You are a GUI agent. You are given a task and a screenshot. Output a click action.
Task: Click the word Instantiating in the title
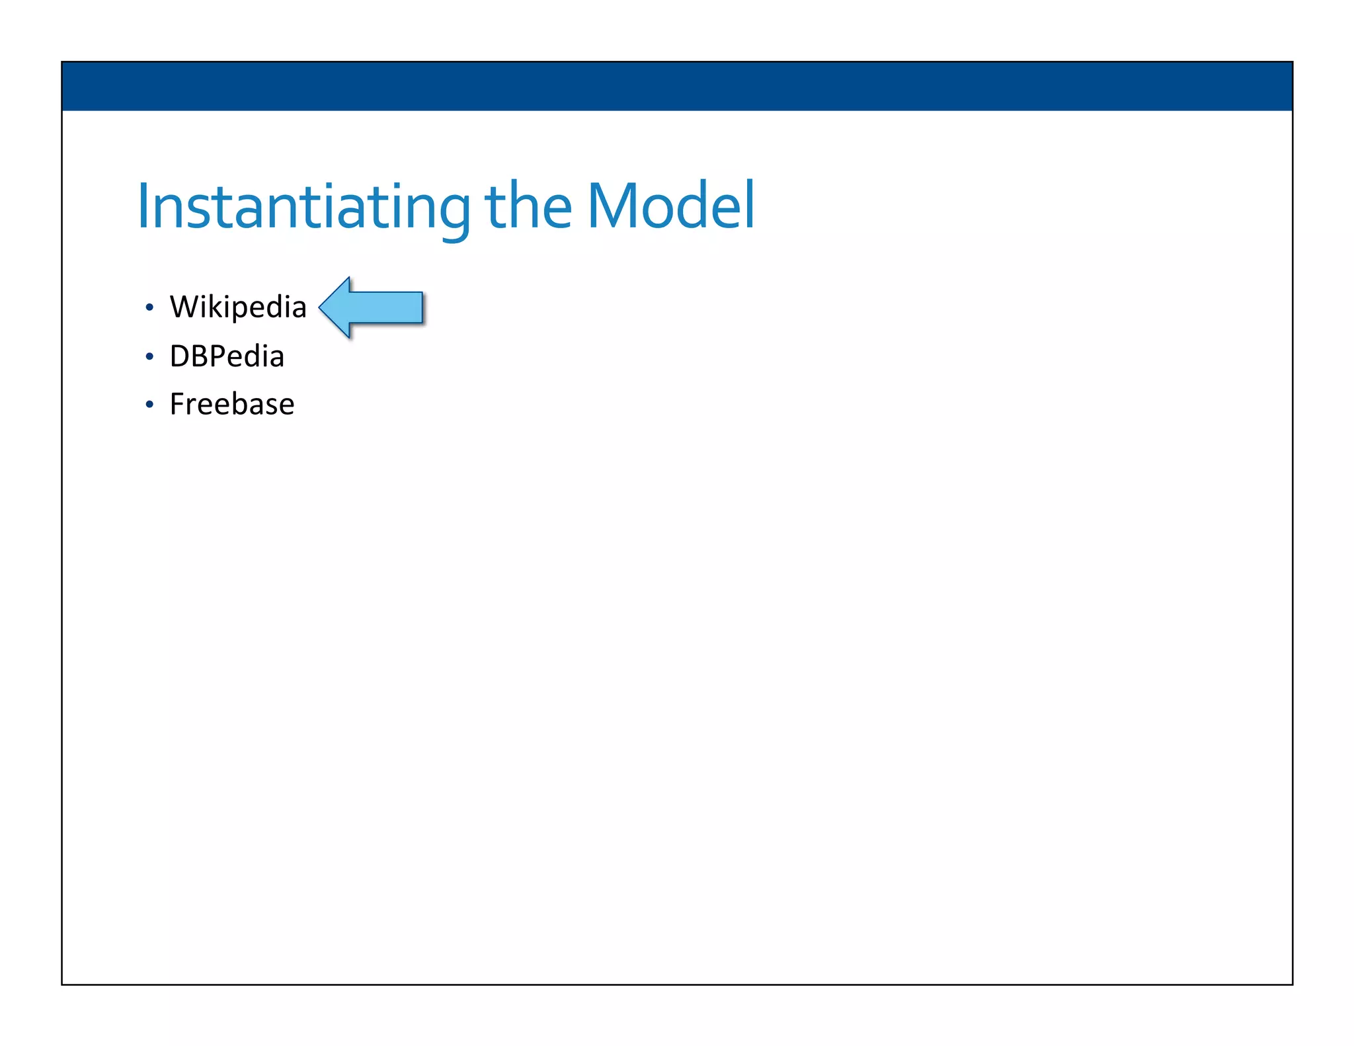pos(303,206)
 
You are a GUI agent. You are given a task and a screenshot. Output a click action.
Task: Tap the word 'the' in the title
pos(528,206)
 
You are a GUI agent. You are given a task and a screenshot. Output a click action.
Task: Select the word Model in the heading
pos(670,206)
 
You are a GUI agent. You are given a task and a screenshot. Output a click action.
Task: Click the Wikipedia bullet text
pos(238,307)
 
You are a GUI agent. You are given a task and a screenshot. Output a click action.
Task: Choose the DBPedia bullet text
pos(227,356)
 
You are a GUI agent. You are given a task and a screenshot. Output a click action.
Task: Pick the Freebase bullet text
pos(232,405)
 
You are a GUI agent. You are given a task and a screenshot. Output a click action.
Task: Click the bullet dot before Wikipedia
pos(149,308)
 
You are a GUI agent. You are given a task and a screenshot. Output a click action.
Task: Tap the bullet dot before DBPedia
pos(149,357)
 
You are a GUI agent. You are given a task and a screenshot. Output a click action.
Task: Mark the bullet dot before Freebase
pos(149,405)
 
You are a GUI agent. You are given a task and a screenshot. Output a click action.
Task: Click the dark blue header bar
pos(677,86)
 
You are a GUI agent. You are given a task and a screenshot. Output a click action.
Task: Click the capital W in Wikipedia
pos(185,307)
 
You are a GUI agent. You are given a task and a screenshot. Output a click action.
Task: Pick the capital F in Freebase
pos(177,405)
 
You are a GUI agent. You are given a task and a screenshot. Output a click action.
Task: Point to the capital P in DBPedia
pos(219,356)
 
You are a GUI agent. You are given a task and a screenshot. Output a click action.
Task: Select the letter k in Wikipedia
pos(216,307)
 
